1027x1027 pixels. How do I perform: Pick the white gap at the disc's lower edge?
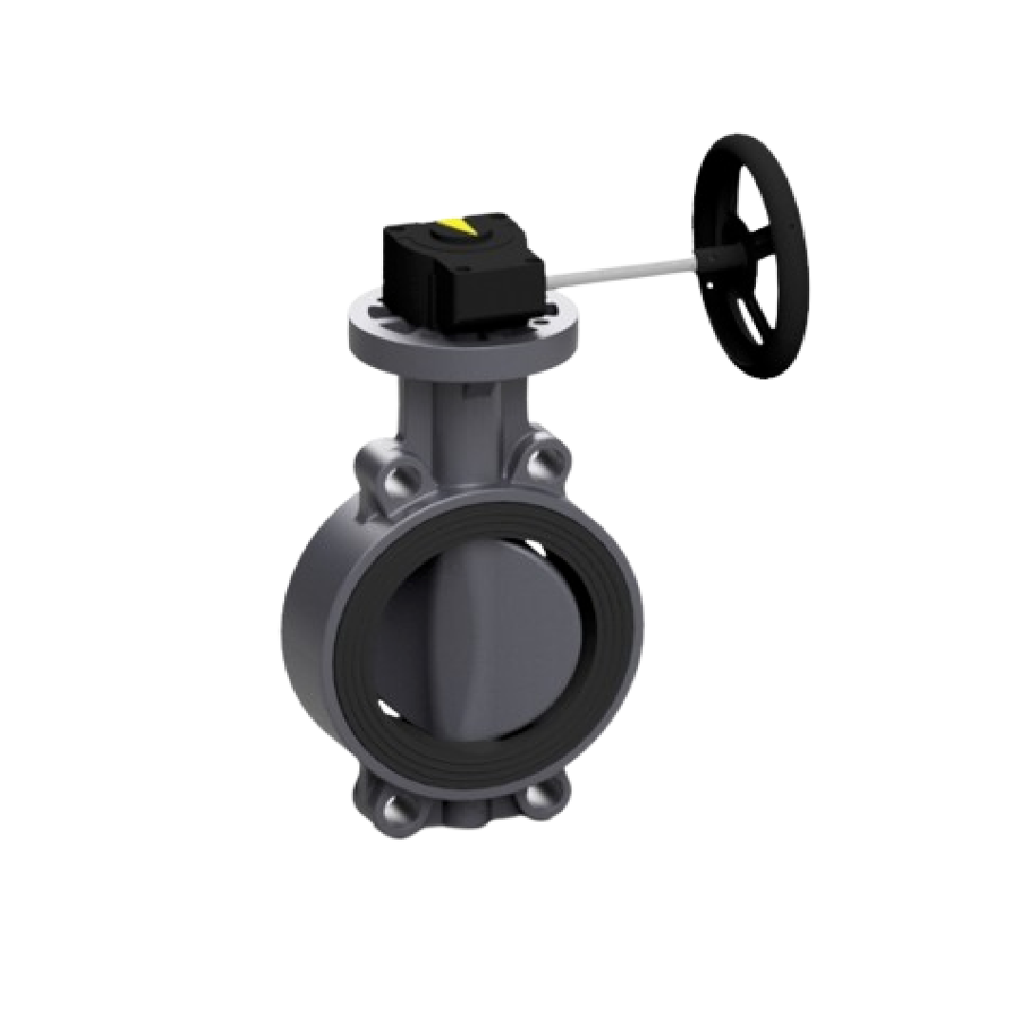(x=387, y=708)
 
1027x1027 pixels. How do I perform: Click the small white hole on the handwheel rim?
(x=709, y=282)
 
